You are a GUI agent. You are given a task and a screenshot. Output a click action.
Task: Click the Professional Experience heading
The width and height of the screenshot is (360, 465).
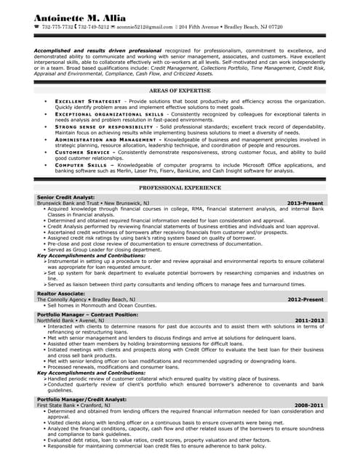180,187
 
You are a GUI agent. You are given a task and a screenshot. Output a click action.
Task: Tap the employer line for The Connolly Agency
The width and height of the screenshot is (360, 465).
86,299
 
